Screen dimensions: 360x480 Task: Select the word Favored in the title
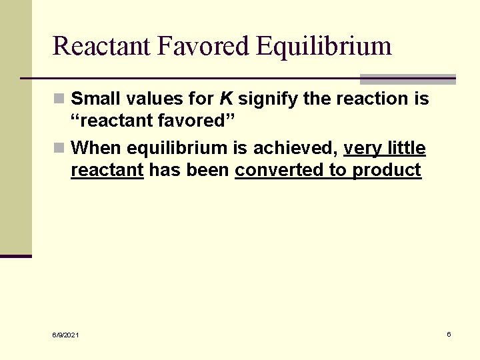pyautogui.click(x=203, y=46)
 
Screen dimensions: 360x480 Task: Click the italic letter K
pyautogui.click(x=226, y=99)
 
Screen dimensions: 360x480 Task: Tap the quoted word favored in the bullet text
pyautogui.click(x=193, y=122)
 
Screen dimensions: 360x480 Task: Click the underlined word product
pyautogui.click(x=387, y=171)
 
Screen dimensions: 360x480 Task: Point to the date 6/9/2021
pyautogui.click(x=65, y=335)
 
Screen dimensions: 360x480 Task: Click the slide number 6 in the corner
pyautogui.click(x=449, y=334)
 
